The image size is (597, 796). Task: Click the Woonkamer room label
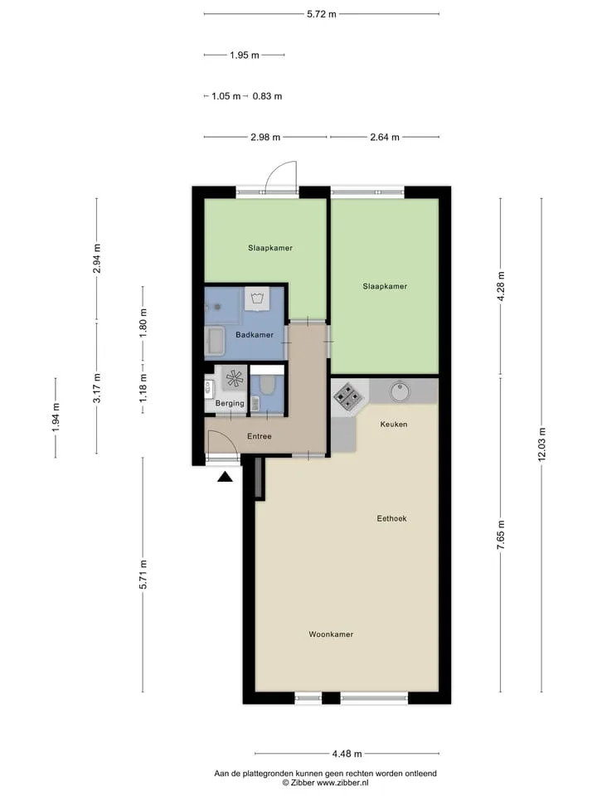click(x=331, y=634)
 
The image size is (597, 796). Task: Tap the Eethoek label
click(x=391, y=518)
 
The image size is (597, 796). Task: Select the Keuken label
click(x=394, y=424)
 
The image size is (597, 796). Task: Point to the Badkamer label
click(x=255, y=334)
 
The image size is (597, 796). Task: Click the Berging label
click(x=230, y=403)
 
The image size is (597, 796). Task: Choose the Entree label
click(x=260, y=436)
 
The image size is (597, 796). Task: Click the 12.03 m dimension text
click(x=541, y=444)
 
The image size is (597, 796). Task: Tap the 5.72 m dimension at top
click(x=322, y=14)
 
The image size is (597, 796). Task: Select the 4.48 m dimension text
click(x=347, y=754)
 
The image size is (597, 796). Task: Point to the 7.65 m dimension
click(x=501, y=535)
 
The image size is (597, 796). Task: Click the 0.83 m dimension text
click(x=267, y=96)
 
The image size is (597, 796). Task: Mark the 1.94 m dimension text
click(x=56, y=417)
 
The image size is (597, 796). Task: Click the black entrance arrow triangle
click(x=225, y=477)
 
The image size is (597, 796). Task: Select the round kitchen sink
click(x=400, y=391)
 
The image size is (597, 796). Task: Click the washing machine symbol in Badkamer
click(x=258, y=298)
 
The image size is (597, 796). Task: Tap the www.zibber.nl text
click(x=342, y=783)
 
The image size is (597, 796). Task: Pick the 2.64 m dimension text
click(x=385, y=137)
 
